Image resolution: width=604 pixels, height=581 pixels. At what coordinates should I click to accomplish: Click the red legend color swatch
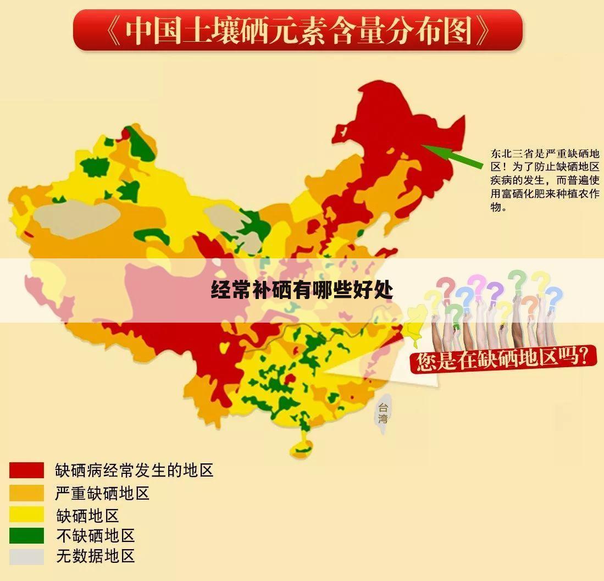click(26, 470)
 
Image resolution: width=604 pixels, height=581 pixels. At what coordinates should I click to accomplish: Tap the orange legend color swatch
click(26, 493)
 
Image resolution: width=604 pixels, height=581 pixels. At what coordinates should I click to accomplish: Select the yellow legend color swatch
click(26, 514)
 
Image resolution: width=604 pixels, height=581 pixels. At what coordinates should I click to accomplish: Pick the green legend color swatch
click(26, 535)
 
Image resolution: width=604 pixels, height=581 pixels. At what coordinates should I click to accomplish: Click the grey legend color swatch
click(26, 556)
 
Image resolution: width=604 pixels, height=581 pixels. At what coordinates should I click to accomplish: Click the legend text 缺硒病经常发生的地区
click(134, 471)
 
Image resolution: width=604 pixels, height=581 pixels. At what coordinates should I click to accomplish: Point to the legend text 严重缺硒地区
click(102, 493)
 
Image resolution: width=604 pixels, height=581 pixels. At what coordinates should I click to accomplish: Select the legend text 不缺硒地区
click(95, 535)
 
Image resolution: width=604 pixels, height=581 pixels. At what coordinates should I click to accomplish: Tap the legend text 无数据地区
click(95, 556)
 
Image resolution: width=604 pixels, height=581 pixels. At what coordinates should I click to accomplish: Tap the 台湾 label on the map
click(383, 413)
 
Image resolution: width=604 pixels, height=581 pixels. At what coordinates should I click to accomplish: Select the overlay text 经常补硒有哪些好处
click(302, 290)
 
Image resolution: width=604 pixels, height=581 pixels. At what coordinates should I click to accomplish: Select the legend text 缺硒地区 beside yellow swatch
click(87, 514)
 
